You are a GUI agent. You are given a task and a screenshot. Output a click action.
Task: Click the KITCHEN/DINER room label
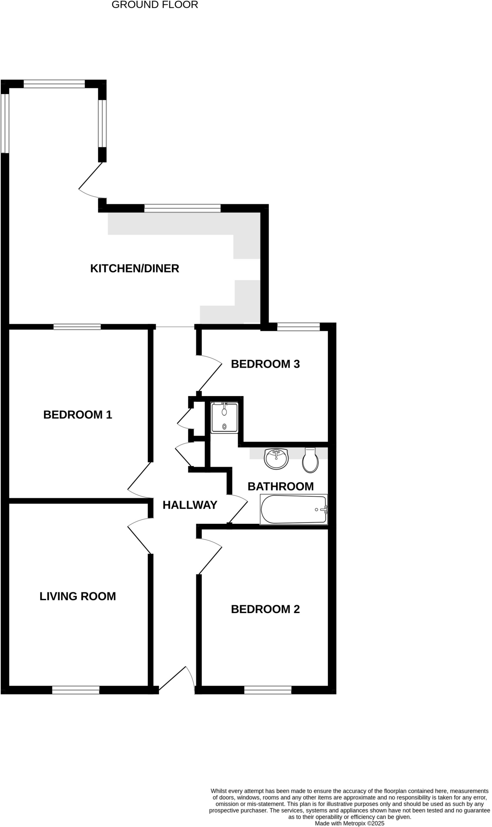click(x=134, y=269)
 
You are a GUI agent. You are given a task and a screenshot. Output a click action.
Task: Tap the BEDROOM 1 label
click(x=78, y=415)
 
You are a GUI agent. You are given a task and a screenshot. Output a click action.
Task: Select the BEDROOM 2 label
click(x=265, y=609)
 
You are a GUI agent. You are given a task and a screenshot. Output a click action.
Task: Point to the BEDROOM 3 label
click(x=265, y=364)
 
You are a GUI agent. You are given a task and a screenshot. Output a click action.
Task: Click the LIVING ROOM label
click(x=78, y=596)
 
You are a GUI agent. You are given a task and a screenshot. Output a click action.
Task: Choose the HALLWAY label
click(x=190, y=505)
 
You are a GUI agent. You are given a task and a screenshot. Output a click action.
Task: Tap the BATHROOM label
click(x=281, y=486)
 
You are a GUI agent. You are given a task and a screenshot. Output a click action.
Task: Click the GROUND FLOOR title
click(x=155, y=5)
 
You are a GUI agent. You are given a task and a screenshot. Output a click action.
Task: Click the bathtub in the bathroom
click(x=294, y=510)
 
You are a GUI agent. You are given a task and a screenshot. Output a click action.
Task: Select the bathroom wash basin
click(x=276, y=459)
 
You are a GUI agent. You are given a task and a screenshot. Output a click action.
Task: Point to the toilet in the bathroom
click(x=310, y=460)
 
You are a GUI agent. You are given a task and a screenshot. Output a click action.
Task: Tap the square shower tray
click(x=224, y=418)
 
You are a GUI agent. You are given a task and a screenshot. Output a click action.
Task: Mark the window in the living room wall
click(x=76, y=690)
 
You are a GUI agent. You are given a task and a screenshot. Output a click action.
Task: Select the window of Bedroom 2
click(x=268, y=690)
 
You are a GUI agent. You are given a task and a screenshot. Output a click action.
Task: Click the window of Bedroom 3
click(x=298, y=327)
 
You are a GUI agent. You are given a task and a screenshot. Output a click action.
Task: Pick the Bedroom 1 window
click(x=77, y=327)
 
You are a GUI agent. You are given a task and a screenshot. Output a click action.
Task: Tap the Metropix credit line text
click(x=349, y=823)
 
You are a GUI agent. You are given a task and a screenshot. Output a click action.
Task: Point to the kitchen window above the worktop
click(x=182, y=208)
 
